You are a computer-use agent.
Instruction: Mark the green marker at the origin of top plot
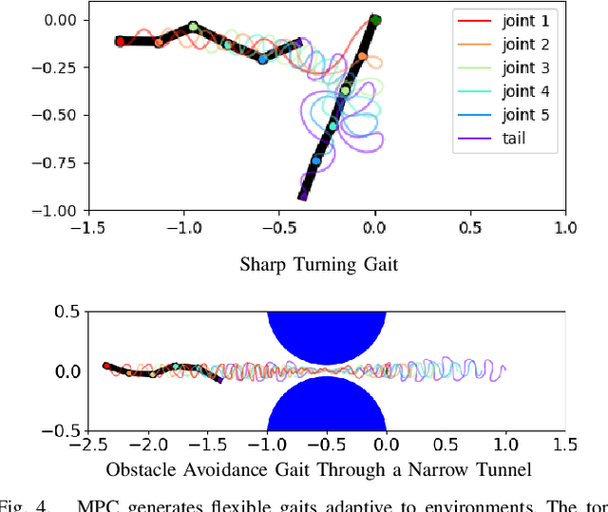[375, 20]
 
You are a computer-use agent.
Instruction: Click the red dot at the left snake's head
[120, 42]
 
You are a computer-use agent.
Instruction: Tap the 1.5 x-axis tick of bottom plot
[565, 445]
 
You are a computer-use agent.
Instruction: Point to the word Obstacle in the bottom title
[139, 470]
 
